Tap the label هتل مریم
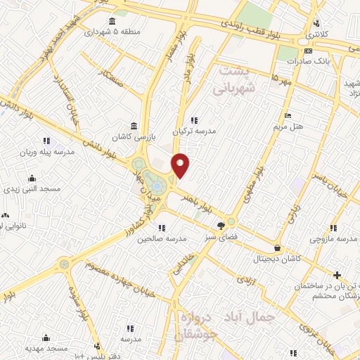[288, 127]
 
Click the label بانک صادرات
[308, 60]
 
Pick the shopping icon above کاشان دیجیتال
[278, 248]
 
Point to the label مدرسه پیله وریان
[46, 151]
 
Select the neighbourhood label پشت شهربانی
[232, 80]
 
